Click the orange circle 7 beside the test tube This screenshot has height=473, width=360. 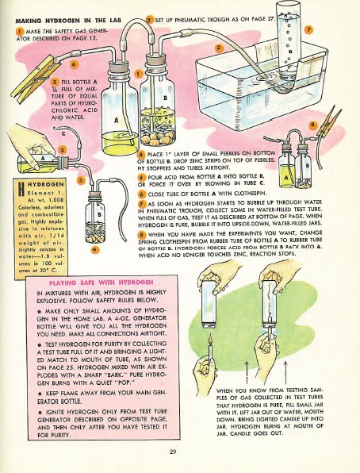click(x=309, y=29)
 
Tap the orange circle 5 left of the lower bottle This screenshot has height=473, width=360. click(x=80, y=180)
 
